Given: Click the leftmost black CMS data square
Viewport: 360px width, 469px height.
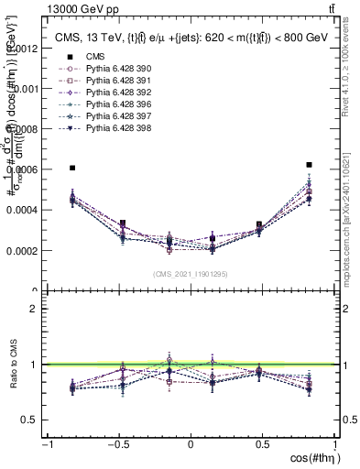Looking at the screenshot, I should pos(72,169).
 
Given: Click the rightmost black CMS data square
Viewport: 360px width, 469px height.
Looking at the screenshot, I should pos(309,165).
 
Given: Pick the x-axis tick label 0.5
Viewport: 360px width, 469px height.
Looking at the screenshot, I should pos(263,445).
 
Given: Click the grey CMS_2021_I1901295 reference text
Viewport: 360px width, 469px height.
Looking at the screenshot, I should pos(190,274).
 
